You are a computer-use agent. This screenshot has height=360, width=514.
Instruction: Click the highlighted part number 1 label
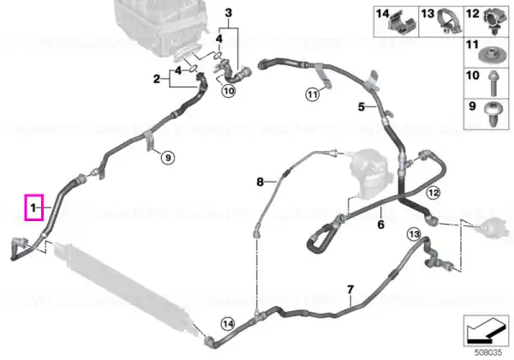33,207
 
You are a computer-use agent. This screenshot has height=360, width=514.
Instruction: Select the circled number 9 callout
168,158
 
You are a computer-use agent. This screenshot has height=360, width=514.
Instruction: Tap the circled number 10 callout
229,90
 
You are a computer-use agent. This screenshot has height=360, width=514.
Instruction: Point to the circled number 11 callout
313,95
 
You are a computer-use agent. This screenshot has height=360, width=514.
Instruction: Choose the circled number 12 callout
433,193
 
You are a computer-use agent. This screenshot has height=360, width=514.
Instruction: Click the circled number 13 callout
414,234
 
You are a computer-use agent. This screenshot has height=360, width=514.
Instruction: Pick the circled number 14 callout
228,324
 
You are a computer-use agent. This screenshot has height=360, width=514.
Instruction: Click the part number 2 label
157,79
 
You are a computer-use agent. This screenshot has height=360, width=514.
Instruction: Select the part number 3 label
229,13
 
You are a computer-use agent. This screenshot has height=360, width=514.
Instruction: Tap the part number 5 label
362,107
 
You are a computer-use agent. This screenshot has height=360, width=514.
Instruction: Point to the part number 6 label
380,225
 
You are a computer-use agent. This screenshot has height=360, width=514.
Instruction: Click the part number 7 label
350,290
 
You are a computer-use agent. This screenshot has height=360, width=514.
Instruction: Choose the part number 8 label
260,182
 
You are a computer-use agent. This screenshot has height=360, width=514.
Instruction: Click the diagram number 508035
489,352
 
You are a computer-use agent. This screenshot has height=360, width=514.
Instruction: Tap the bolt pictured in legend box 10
493,84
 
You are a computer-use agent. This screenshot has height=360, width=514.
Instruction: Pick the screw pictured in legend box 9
493,114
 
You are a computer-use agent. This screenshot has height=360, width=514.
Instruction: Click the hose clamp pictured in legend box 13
448,21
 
